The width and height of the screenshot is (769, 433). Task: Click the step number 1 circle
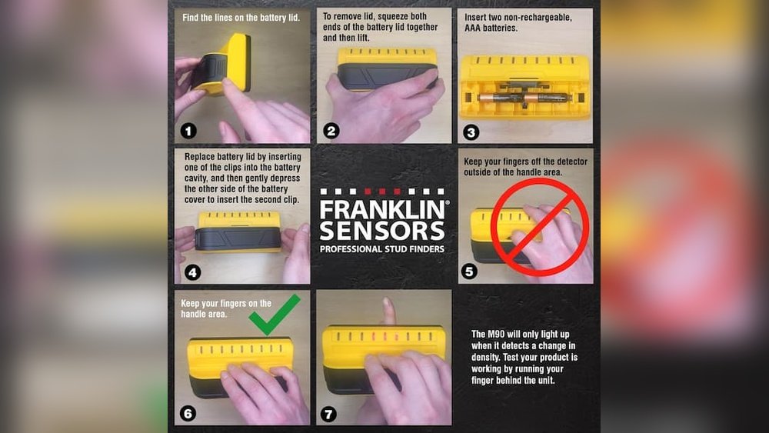188,131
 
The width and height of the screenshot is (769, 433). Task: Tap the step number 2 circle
331,131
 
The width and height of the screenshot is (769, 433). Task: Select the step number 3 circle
471,132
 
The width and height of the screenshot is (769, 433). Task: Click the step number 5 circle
470,271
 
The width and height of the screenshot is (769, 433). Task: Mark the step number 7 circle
329,414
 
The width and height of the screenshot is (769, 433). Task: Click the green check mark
274,316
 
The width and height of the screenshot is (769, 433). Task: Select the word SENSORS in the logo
382,231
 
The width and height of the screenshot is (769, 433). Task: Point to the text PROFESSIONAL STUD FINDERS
382,248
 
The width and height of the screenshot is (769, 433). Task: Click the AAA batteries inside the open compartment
523,98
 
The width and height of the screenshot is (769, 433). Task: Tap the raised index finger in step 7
388,311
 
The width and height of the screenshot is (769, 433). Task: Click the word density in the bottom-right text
487,358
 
